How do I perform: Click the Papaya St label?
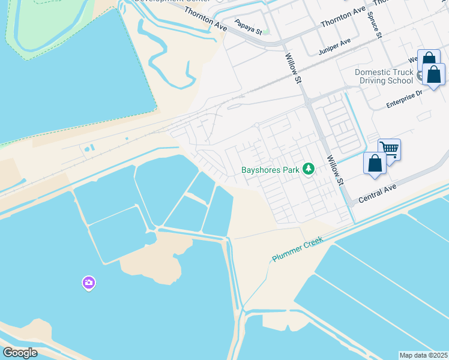(249, 27)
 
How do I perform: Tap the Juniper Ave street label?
(334, 47)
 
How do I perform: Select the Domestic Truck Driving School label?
(384, 76)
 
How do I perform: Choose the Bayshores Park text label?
(270, 170)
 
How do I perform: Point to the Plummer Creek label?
(298, 248)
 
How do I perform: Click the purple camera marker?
(89, 283)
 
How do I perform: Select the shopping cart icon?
(390, 148)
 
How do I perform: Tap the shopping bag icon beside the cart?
(375, 163)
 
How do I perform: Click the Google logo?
(20, 353)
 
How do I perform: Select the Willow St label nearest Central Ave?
(334, 170)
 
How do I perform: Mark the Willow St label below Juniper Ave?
(292, 67)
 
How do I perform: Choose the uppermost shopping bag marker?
(428, 59)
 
